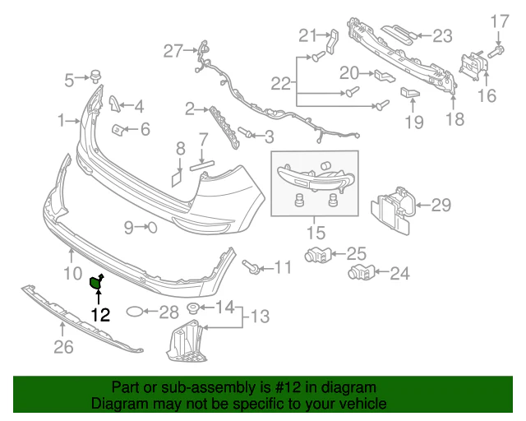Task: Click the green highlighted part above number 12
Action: [95, 282]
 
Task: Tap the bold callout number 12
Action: [100, 315]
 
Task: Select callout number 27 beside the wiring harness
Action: [173, 51]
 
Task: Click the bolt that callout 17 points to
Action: [496, 52]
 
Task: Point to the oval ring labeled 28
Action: [136, 312]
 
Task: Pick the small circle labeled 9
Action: [152, 228]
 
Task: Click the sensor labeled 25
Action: [318, 256]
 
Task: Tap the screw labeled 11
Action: [250, 266]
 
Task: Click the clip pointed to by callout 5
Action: [96, 76]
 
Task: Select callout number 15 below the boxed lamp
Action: [316, 233]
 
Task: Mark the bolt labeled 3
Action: [246, 132]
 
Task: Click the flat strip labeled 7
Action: [202, 164]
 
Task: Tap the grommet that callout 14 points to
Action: [193, 308]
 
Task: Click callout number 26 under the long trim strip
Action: [63, 347]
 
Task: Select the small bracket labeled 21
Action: [332, 41]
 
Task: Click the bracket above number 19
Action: [410, 92]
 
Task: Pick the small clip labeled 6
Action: [118, 130]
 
